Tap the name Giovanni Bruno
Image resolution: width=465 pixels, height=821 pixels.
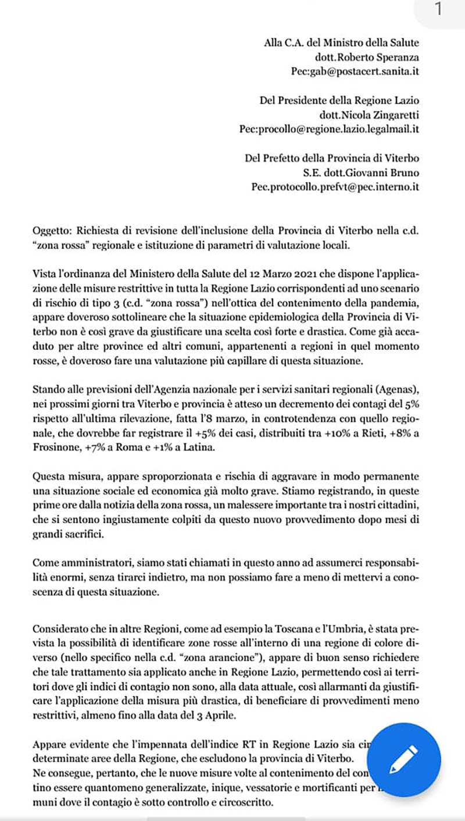pyautogui.click(x=381, y=172)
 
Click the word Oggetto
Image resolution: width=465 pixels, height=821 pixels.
pyautogui.click(x=50, y=230)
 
